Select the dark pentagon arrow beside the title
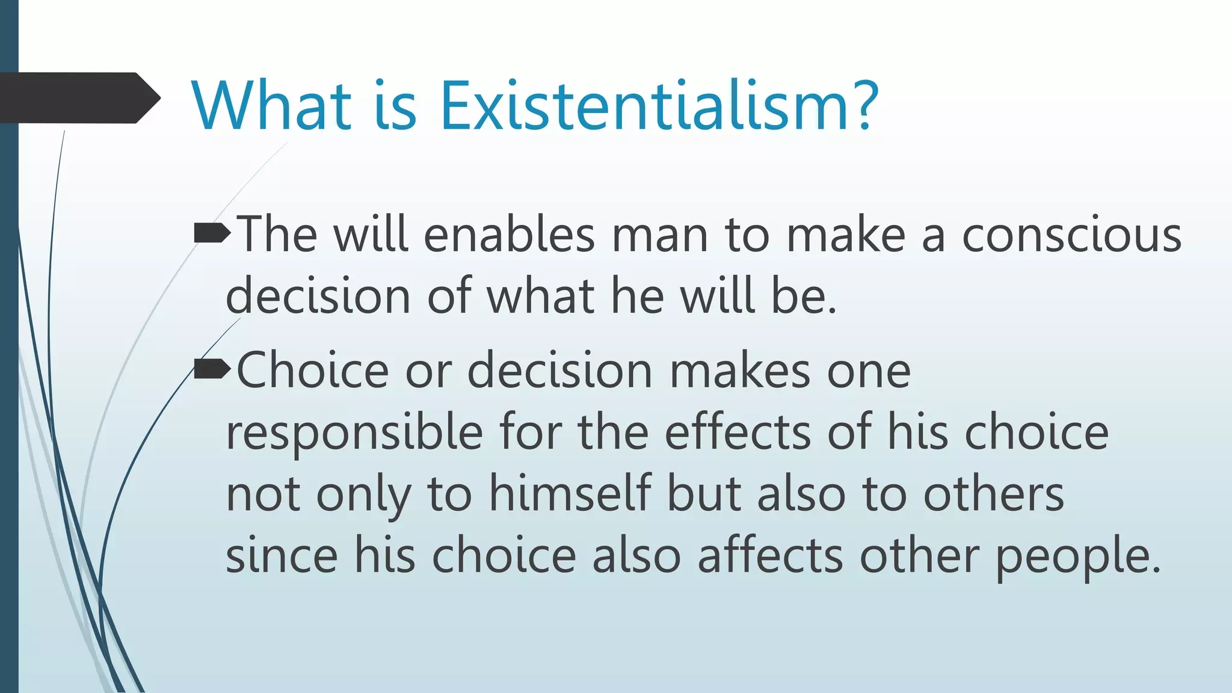click(x=78, y=97)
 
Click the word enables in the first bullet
click(x=509, y=236)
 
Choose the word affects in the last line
click(x=770, y=555)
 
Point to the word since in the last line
click(x=282, y=555)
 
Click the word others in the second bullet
click(x=993, y=494)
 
